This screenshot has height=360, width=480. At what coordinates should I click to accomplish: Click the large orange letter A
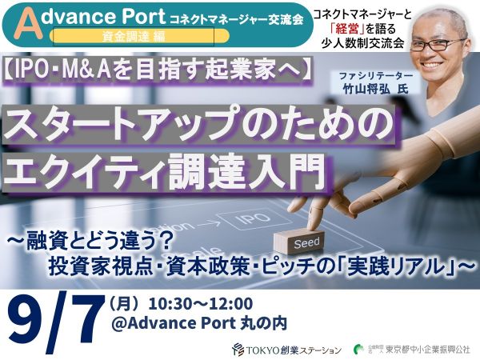coord(30,26)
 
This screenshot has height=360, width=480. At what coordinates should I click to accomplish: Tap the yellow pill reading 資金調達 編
coord(139,37)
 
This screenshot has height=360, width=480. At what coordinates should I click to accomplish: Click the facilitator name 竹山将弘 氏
coord(376,90)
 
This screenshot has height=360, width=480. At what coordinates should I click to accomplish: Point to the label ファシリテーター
coord(376,76)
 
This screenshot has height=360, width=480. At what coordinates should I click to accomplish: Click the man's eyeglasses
coord(438,45)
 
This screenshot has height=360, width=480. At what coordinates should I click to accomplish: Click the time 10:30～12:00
coord(201,304)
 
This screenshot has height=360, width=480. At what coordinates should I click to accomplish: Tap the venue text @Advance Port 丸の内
coord(199,323)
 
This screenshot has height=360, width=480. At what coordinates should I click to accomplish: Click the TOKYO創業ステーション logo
coord(287,350)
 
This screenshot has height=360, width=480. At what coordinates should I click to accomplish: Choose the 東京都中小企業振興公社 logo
coord(411,350)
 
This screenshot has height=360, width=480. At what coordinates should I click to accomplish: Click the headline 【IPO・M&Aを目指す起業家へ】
coord(158,70)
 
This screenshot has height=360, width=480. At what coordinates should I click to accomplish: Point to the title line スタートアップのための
coord(198,124)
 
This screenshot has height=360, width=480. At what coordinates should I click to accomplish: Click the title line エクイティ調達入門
coord(164,171)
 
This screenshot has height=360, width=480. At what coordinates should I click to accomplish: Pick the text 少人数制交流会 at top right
coord(363,43)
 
